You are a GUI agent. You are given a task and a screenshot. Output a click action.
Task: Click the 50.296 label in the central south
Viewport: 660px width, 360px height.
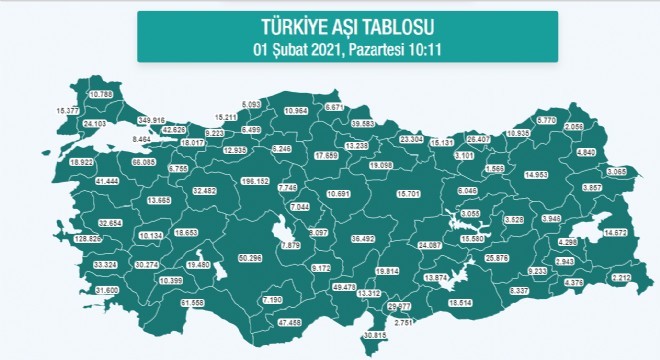click(x=250, y=259)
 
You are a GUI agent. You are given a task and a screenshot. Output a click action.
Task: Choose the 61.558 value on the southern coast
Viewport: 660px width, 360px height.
click(x=193, y=301)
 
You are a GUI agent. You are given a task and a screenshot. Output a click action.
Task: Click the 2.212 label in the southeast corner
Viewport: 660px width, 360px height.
click(x=622, y=277)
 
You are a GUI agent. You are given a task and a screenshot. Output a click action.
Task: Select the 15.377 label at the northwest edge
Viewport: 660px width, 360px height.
click(x=68, y=110)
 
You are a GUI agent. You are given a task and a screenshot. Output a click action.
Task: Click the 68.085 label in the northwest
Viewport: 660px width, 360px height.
click(x=144, y=161)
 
